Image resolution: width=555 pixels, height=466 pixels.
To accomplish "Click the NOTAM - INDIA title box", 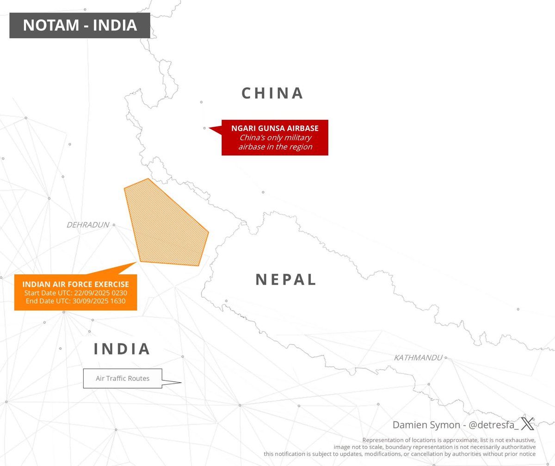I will click(80, 25).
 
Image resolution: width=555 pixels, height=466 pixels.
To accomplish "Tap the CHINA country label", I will click(272, 93).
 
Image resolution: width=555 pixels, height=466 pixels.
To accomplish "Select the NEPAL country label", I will click(286, 280).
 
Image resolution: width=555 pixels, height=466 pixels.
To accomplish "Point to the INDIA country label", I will click(122, 349).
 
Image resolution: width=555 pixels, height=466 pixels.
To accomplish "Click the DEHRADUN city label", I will click(88, 225).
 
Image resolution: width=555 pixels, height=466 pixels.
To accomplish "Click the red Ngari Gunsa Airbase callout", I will click(275, 137).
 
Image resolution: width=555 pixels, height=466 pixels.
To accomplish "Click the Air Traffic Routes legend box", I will click(123, 379).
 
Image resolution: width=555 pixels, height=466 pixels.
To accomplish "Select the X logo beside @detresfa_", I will click(527, 423).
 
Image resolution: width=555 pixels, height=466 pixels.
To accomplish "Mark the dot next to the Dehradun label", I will click(114, 225).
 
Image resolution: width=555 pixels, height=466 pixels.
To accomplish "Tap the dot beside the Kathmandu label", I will click(446, 358).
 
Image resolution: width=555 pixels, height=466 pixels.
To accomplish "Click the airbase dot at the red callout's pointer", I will click(204, 128).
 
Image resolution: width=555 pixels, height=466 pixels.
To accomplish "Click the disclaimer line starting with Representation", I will click(449, 440).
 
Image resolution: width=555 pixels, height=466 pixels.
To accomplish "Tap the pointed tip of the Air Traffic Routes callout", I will click(181, 382).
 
